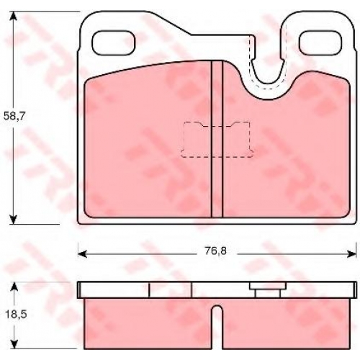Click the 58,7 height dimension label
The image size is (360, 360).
click(x=15, y=117)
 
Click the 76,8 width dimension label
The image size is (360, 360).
click(x=216, y=251)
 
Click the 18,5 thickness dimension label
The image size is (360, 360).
click(x=16, y=315)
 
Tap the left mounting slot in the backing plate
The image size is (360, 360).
click(x=114, y=42)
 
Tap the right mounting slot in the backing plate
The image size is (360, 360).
click(x=321, y=42)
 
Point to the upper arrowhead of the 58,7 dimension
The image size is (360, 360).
click(x=14, y=16)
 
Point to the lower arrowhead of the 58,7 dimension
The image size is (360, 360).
click(x=14, y=220)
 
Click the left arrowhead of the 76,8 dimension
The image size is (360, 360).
click(x=83, y=253)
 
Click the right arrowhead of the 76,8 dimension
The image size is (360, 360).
click(x=351, y=253)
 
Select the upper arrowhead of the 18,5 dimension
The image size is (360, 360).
click(x=14, y=287)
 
